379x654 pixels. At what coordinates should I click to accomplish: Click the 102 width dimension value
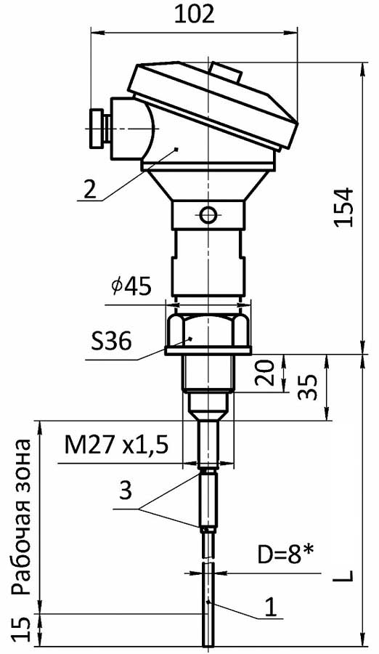(194, 15)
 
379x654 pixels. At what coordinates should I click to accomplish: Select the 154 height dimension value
(344, 207)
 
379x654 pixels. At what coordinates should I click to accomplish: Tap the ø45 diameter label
(131, 288)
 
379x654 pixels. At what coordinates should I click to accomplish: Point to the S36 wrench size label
(111, 342)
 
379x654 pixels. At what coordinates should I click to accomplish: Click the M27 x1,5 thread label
(116, 446)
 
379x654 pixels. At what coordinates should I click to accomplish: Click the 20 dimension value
(266, 373)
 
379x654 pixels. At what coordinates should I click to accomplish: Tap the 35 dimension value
(309, 387)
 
